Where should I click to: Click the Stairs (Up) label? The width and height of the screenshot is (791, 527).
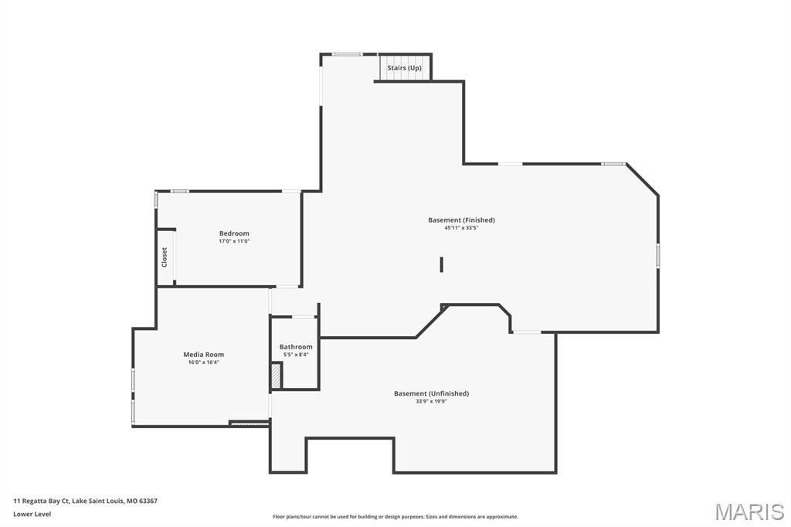coord(405,68)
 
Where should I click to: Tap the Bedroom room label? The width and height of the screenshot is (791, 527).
coord(234,233)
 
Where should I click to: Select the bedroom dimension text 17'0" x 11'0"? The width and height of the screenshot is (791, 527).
coord(234,241)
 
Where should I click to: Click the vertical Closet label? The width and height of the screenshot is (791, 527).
coord(164,257)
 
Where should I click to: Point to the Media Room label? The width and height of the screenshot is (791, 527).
coord(203,355)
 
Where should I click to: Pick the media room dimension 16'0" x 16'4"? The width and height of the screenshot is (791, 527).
coord(203,362)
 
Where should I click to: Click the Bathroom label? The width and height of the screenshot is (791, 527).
coord(296,347)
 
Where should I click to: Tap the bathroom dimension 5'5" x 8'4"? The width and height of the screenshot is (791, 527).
coord(296,355)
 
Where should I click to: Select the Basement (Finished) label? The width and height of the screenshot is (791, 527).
coord(461,220)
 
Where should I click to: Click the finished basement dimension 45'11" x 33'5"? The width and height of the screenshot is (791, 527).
coord(461,228)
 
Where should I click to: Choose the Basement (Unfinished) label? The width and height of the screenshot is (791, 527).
coord(431,393)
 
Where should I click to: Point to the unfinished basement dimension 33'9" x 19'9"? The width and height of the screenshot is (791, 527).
coord(431,401)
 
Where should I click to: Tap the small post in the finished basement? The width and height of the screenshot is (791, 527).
coord(441,264)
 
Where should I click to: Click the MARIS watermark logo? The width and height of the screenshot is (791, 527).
coord(749,511)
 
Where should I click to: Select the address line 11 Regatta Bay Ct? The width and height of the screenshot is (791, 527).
coord(85,501)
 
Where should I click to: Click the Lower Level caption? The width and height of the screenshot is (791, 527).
coord(32,514)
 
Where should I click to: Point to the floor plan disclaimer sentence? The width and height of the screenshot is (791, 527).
coord(395,517)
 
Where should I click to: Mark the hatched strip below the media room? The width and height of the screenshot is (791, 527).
coord(249,423)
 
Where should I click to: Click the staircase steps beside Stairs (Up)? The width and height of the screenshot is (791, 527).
coord(383,68)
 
